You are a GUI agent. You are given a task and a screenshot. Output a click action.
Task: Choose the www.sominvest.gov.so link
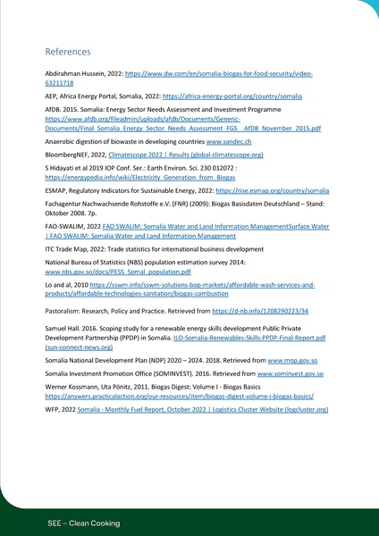click(291, 375)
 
